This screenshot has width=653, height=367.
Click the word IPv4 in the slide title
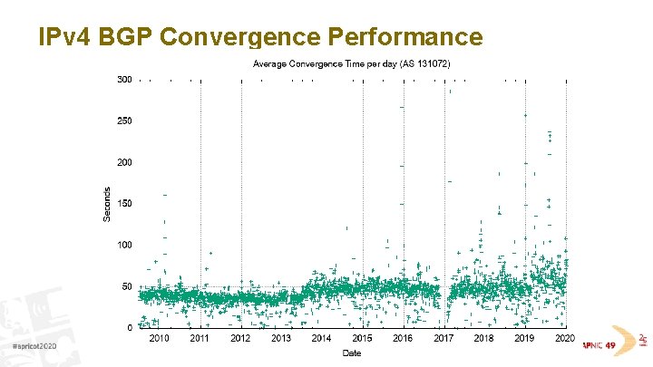[63, 36]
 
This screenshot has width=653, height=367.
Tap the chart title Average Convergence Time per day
[327, 64]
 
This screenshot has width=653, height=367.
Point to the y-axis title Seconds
[107, 203]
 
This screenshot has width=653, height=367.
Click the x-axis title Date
[351, 353]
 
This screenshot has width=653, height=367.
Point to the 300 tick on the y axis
[124, 80]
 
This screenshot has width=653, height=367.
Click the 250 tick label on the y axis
[124, 121]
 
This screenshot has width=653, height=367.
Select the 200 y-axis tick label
[124, 162]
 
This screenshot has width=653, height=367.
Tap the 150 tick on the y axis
[124, 204]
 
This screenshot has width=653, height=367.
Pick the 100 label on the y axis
[124, 245]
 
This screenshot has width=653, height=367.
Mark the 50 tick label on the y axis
[126, 286]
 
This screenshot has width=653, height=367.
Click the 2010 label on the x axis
[159, 339]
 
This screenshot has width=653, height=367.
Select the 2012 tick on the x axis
[240, 339]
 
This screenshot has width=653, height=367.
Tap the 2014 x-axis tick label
[321, 339]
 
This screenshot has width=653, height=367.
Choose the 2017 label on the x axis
[443, 339]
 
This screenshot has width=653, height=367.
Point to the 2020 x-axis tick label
[564, 339]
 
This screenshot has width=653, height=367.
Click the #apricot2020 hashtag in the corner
[34, 348]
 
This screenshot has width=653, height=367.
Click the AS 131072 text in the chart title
[427, 64]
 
